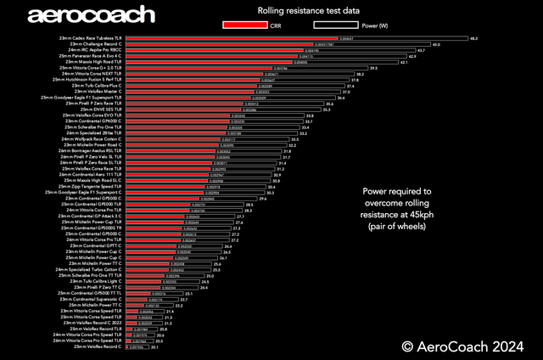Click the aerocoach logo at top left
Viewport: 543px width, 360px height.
(x=92, y=14)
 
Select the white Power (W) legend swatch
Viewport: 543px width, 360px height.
(x=329, y=25)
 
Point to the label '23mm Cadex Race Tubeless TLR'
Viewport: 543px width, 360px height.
(x=86, y=38)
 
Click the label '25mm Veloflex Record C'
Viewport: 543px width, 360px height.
(x=98, y=346)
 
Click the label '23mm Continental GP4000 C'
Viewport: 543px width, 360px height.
(x=94, y=121)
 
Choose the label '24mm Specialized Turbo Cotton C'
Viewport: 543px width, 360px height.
(x=89, y=269)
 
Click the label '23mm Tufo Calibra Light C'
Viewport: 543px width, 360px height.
(x=93, y=281)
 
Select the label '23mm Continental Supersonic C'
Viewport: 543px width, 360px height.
(x=91, y=299)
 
